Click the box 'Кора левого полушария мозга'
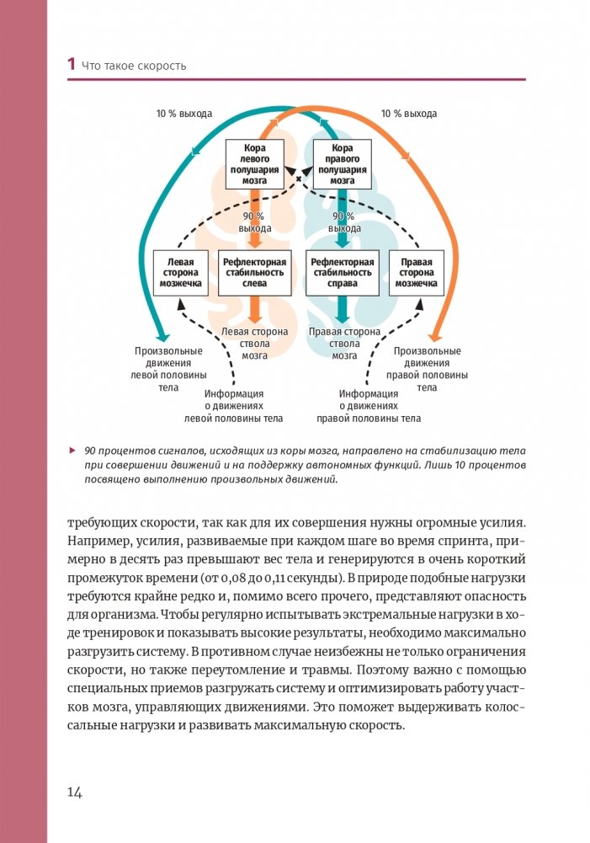[x=255, y=164]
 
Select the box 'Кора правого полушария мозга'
[x=343, y=164]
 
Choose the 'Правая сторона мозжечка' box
[x=417, y=273]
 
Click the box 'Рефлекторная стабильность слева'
[x=255, y=273]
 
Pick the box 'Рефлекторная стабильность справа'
[x=343, y=273]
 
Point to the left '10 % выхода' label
[x=183, y=113]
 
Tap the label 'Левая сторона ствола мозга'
[x=255, y=344]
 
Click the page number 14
[x=74, y=791]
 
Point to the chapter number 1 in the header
[x=72, y=65]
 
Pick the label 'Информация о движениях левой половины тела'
[x=234, y=405]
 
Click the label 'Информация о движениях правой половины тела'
[x=369, y=405]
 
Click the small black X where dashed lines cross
[x=299, y=180]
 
